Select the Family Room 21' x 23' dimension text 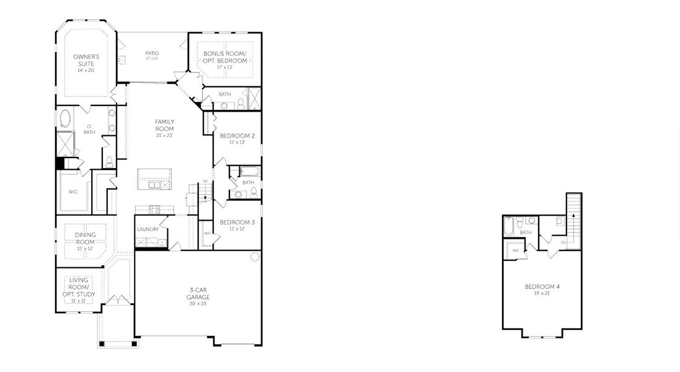click(x=164, y=135)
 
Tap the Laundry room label click(x=148, y=229)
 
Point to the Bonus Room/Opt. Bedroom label click(x=224, y=57)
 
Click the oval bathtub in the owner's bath click(x=65, y=118)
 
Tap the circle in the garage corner click(x=254, y=257)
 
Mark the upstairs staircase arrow click(x=574, y=214)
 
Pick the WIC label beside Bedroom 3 click(x=208, y=233)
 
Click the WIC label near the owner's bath click(x=73, y=192)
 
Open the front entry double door click(x=118, y=301)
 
